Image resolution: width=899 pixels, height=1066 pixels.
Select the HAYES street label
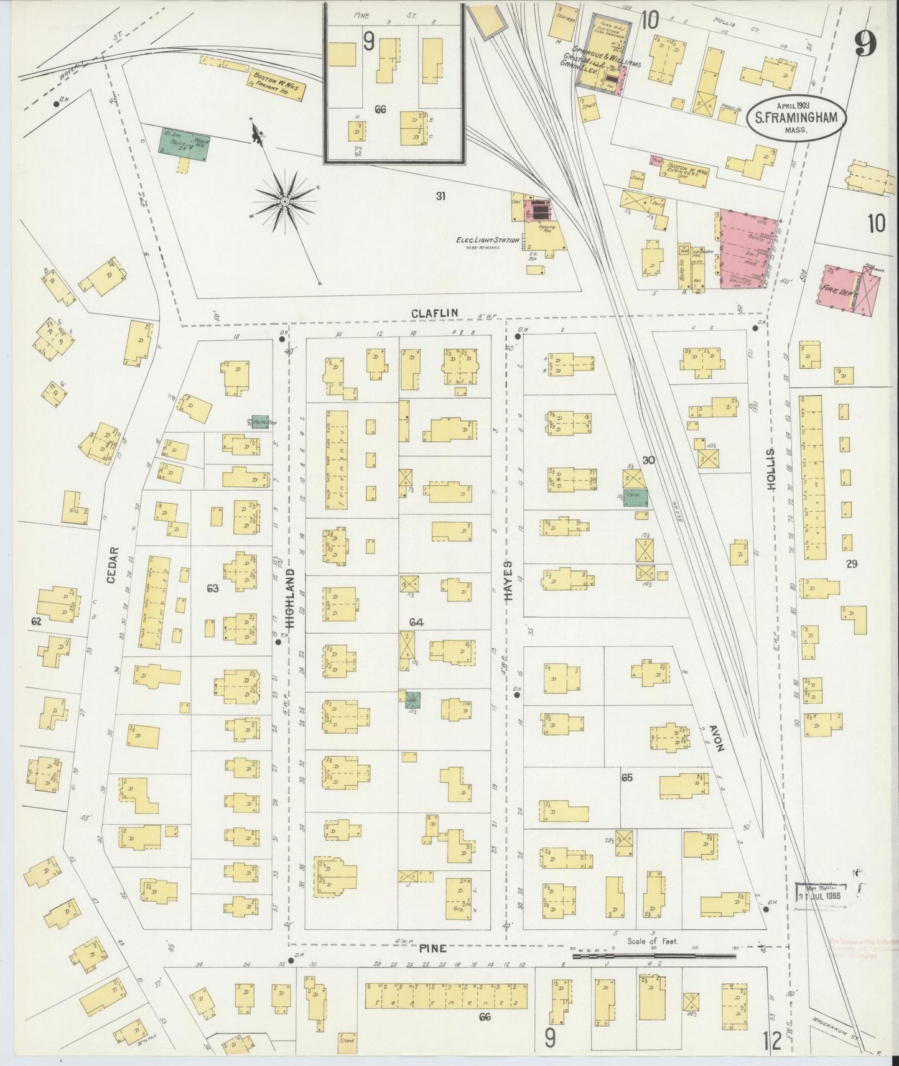508,580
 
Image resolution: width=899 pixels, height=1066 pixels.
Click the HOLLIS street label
771,470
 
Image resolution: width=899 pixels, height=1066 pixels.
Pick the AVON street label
715,738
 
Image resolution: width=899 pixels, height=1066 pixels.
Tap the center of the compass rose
284,201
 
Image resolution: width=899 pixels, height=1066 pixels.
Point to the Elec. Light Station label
487,241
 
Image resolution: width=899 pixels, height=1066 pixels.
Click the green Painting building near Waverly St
184,144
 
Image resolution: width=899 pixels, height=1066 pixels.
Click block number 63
213,587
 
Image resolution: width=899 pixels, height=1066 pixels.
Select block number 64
416,622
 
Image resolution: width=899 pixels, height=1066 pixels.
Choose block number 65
627,778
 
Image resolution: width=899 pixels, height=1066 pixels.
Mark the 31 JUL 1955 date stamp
823,896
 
